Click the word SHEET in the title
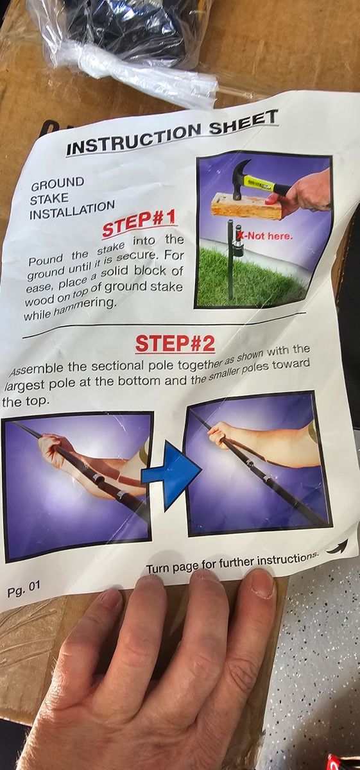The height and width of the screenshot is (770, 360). coord(243,124)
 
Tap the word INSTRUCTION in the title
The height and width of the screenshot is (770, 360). coord(133,141)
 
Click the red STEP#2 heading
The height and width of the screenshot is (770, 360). coord(175,344)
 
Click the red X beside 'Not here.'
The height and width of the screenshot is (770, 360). coord(242,235)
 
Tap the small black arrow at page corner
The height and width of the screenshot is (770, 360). coord(338,545)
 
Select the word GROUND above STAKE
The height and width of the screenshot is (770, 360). coord(57,184)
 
